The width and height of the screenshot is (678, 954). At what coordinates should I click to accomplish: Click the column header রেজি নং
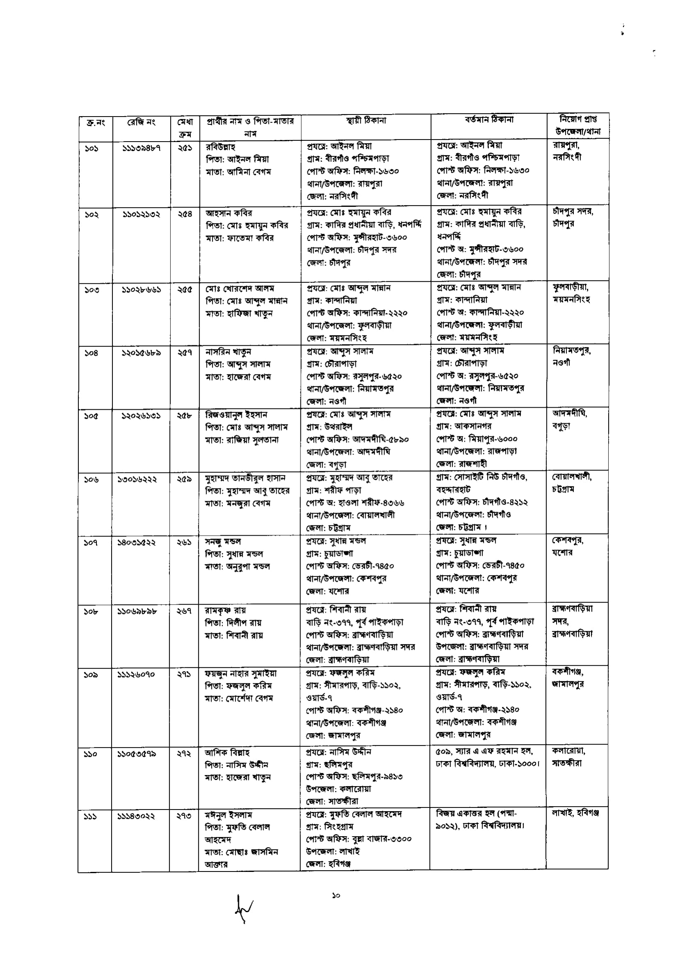coord(141,122)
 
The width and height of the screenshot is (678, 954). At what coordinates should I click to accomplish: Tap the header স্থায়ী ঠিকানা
coord(366,121)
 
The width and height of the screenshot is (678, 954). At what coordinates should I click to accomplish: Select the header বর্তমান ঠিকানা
coord(489,120)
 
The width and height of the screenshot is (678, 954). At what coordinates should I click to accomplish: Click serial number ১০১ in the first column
coord(91,148)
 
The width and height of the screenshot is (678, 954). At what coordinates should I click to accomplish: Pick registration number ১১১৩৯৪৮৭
coord(142,148)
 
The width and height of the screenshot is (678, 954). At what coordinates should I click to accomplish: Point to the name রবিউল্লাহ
coord(221,147)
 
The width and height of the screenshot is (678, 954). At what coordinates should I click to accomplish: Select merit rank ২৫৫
coord(184,289)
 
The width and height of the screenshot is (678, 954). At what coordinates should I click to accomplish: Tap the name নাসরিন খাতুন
coord(228,352)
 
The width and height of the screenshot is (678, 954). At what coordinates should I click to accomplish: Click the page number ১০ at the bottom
coord(336,895)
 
